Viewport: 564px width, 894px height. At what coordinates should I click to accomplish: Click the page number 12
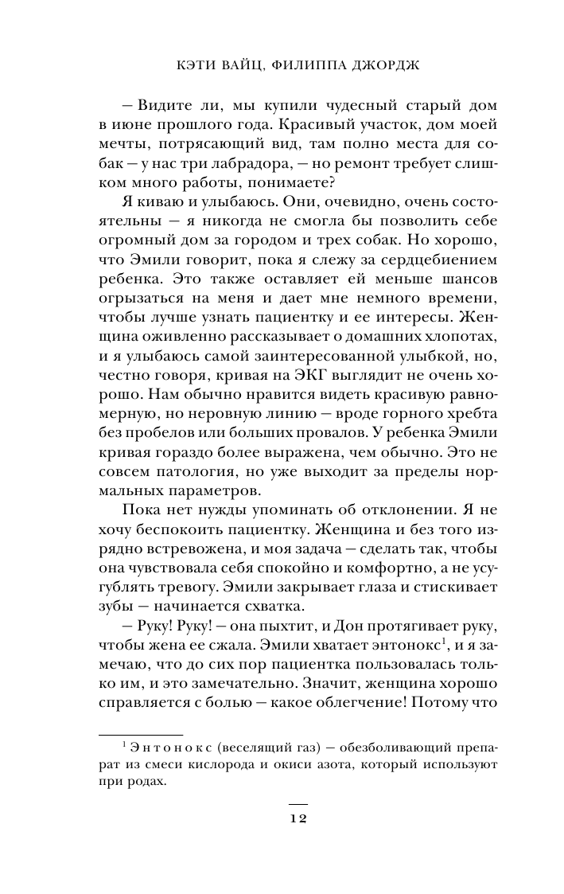(297, 821)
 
